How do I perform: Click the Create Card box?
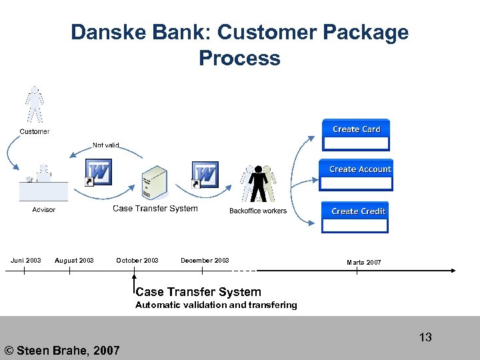click(356, 135)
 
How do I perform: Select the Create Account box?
click(356, 175)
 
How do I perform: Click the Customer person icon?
click(34, 105)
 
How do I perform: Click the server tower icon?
click(155, 183)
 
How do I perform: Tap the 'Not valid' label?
click(106, 145)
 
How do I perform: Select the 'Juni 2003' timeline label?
click(25, 261)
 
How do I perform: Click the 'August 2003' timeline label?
click(74, 261)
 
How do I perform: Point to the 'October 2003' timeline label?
click(137, 261)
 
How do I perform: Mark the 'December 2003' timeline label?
click(205, 261)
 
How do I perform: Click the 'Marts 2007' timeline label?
click(364, 263)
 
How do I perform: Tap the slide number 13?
click(425, 337)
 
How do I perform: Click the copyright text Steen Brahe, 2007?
click(62, 350)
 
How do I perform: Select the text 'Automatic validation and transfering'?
click(216, 305)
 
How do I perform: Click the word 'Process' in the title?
click(239, 58)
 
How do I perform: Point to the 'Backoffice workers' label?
click(258, 211)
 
